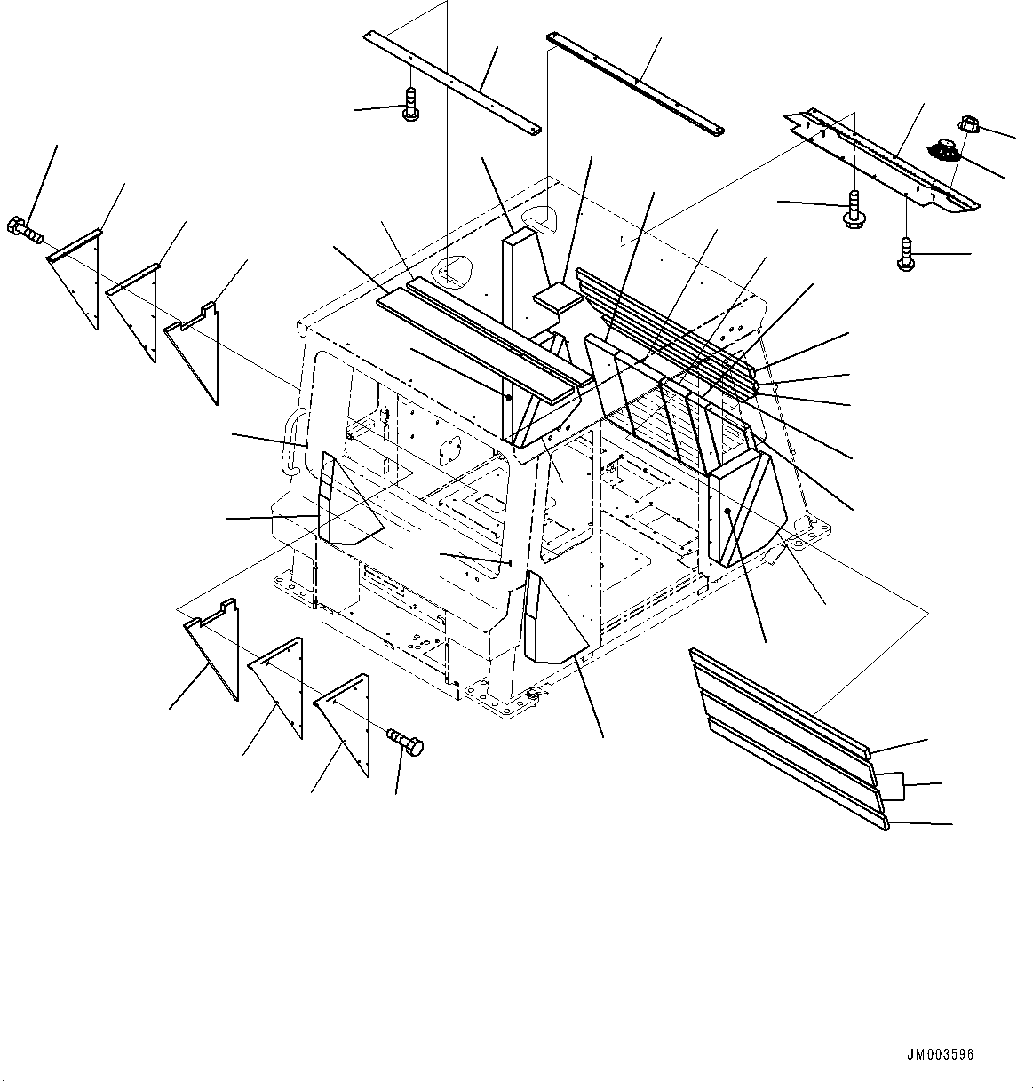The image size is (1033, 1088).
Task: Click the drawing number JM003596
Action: [x=940, y=1055]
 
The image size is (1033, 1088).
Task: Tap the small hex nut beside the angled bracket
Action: [x=968, y=126]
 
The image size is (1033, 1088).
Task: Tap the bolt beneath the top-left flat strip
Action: [x=410, y=105]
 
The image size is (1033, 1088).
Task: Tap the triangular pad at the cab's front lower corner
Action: [x=550, y=621]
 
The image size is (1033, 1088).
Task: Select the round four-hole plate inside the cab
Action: [x=452, y=450]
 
